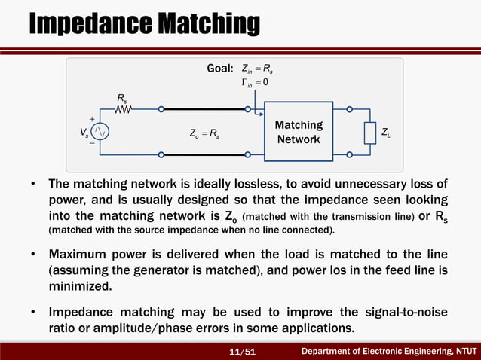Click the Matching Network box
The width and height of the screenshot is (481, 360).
coord(299,133)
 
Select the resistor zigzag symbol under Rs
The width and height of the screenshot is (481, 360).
coord(123,110)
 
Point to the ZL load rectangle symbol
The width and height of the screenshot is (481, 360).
coord(369,133)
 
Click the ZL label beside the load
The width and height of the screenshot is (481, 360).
coord(387,133)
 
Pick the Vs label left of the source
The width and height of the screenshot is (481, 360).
coord(83,133)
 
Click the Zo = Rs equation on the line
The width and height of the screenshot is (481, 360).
coord(205,133)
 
